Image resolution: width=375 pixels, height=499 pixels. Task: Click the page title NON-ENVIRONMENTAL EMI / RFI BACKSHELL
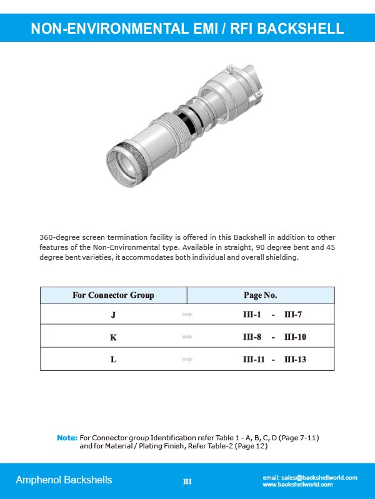[x=187, y=29]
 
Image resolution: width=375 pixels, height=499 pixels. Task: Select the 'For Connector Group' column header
[x=113, y=295]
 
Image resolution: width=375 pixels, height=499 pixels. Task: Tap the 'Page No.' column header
[x=260, y=295]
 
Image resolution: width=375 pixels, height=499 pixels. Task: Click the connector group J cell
[x=113, y=315]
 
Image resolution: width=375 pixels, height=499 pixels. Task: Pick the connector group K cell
[x=113, y=337]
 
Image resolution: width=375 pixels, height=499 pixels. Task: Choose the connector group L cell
[x=113, y=359]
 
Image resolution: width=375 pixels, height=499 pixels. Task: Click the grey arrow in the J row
[x=186, y=315]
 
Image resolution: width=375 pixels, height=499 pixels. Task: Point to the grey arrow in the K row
[x=186, y=337]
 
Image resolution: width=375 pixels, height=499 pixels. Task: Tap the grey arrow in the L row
[x=186, y=359]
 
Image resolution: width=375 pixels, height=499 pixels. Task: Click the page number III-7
[x=293, y=315]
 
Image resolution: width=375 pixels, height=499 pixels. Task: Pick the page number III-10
[x=295, y=337]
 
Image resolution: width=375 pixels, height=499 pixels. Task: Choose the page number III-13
[x=295, y=359]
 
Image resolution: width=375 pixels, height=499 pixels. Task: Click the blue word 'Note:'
[x=67, y=438]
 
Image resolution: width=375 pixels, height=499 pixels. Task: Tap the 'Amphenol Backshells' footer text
[x=64, y=480]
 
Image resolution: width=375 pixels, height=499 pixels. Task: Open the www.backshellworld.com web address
[x=297, y=485]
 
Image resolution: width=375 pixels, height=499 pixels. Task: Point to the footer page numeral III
[x=187, y=482]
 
